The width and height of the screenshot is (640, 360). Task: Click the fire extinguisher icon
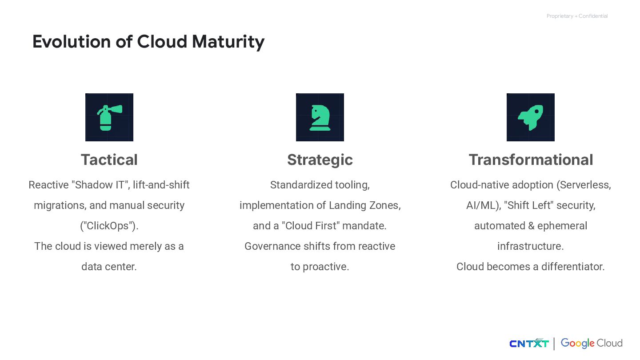[109, 117]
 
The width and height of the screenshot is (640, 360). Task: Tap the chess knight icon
[320, 117]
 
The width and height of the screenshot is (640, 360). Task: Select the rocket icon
[530, 117]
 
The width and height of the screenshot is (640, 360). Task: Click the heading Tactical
[109, 160]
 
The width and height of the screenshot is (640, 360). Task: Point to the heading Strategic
[320, 160]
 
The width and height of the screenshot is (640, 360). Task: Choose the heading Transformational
[531, 160]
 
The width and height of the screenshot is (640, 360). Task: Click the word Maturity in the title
[228, 42]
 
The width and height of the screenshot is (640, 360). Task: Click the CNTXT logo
[529, 344]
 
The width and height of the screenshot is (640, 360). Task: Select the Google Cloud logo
[591, 343]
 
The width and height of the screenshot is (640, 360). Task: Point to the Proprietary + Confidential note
[577, 16]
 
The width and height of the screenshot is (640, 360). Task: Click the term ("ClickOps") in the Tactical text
[109, 226]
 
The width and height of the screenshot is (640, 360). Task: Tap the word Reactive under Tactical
[48, 185]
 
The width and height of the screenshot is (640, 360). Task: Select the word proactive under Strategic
[326, 267]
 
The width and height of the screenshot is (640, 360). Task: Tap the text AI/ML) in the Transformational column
[484, 205]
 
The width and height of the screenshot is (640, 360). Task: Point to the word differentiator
[573, 267]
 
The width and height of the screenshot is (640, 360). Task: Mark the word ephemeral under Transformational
[562, 226]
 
